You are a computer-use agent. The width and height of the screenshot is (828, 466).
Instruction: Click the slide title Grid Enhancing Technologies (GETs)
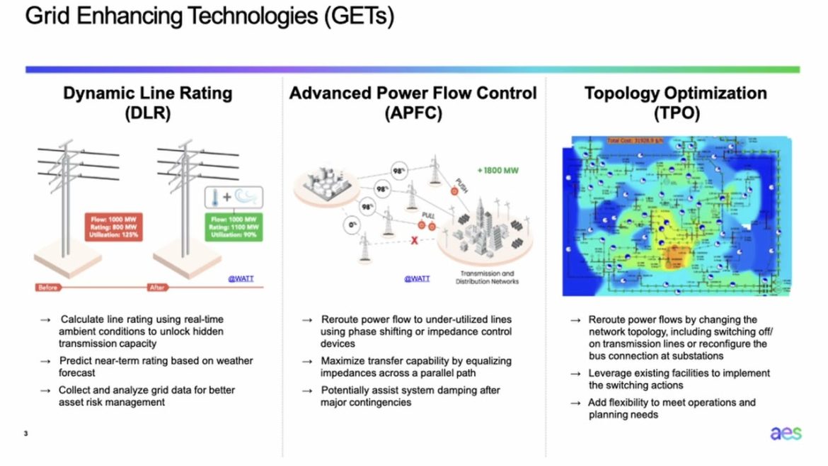pos(209,16)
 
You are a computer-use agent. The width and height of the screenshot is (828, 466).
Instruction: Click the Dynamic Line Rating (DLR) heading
pos(147,103)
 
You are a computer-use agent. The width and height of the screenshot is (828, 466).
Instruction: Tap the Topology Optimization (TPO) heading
pos(675,103)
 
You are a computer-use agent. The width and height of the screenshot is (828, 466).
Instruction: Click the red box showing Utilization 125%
pos(113,226)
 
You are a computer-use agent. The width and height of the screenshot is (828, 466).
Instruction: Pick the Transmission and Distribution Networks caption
pos(488,277)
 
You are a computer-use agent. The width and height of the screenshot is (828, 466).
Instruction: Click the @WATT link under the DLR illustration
pos(241,278)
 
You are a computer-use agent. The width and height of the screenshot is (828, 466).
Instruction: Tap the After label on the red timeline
pos(156,288)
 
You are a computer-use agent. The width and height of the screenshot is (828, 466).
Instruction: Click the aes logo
pos(786,433)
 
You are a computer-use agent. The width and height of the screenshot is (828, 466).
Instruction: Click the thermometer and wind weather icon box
pos(234,196)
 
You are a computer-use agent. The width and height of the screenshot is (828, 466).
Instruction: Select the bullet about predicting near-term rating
pos(156,367)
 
